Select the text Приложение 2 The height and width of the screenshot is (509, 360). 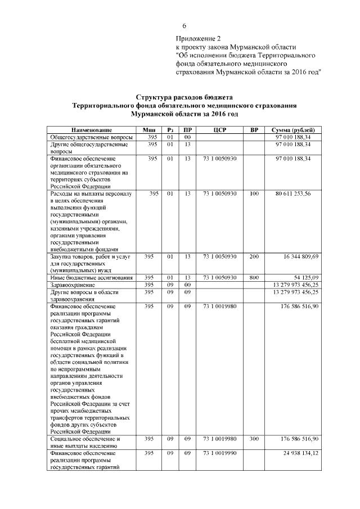click(x=197, y=38)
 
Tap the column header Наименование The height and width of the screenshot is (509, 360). click(x=88, y=130)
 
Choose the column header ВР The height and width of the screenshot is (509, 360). click(x=254, y=130)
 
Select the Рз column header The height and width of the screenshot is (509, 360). click(x=169, y=130)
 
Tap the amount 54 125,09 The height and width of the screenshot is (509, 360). click(x=304, y=277)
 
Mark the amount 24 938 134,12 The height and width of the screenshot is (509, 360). click(x=297, y=453)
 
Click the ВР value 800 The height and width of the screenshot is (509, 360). click(x=254, y=277)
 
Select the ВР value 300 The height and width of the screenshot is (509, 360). click(x=254, y=439)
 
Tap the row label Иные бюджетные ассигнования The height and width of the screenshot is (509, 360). click(x=91, y=277)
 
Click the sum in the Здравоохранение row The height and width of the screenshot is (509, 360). click(x=295, y=285)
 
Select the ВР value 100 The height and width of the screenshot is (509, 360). click(x=254, y=193)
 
